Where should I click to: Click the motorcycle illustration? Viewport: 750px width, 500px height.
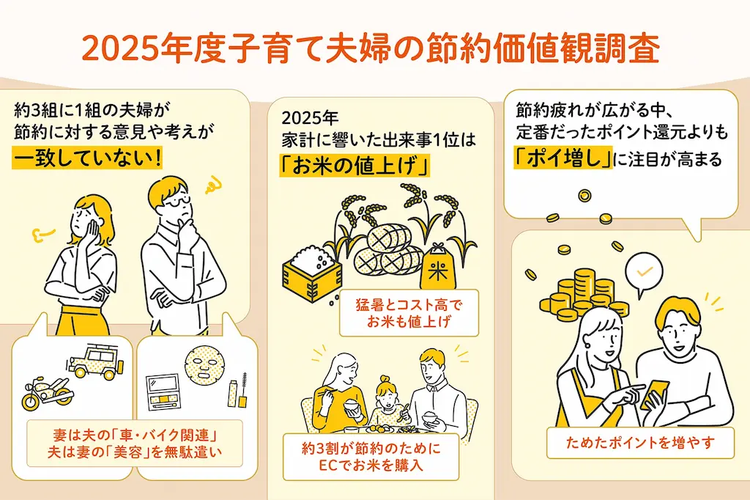pos(48,392)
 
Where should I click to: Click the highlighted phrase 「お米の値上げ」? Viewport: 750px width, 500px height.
pos(354,166)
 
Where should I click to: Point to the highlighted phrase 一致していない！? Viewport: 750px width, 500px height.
pos(86,158)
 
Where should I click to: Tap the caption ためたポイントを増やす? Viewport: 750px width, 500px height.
pos(640,443)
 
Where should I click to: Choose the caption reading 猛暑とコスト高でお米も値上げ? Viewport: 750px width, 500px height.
pos(409,312)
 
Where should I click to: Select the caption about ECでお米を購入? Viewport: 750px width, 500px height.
pos(371,457)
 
